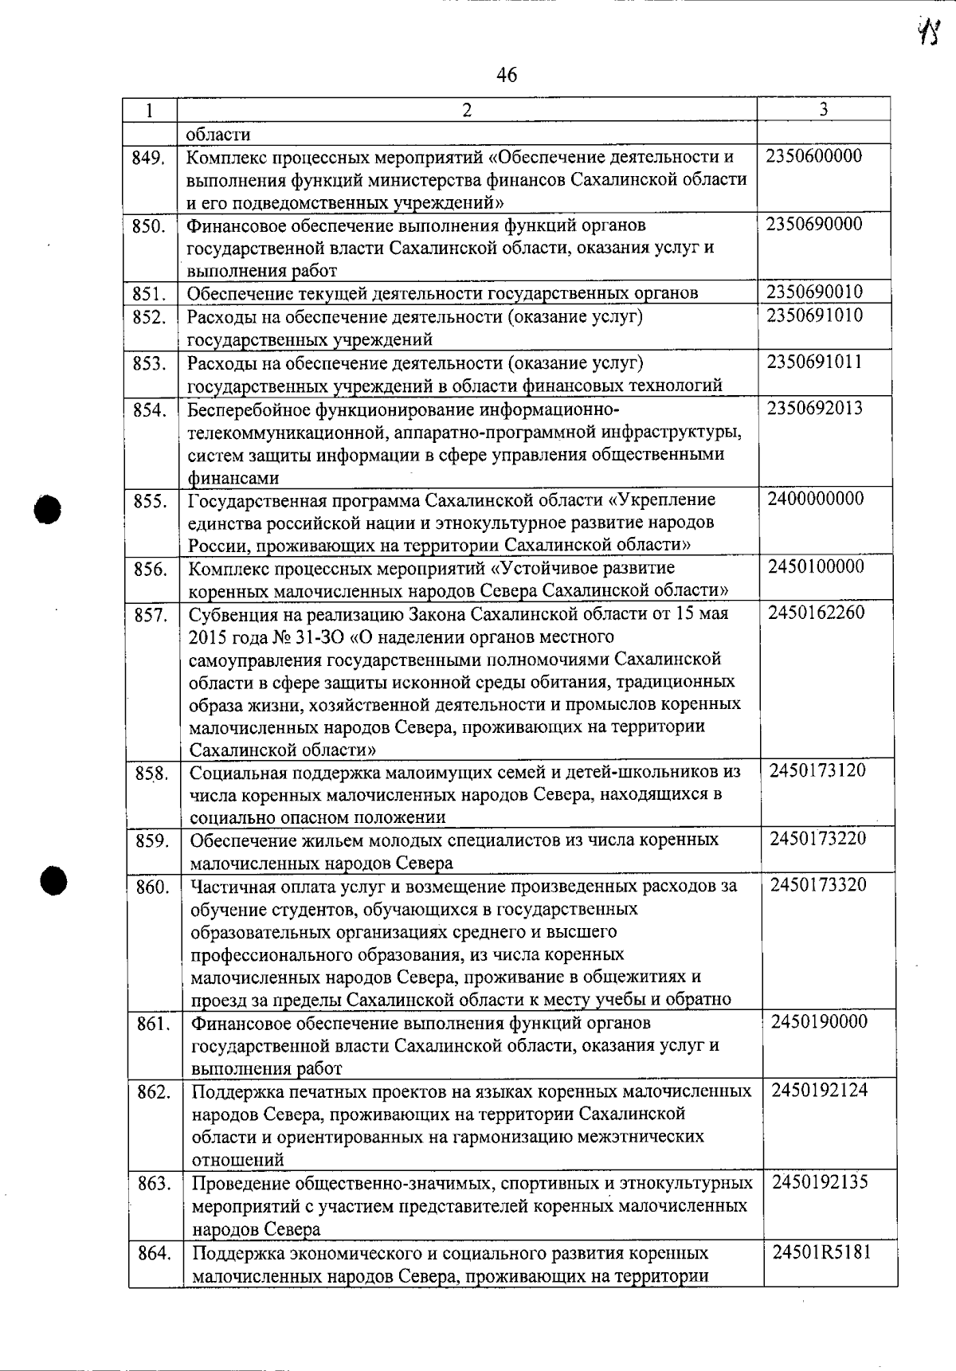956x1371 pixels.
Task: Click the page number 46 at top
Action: tap(506, 75)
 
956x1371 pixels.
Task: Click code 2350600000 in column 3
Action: tap(814, 156)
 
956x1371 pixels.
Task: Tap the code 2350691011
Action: tap(815, 362)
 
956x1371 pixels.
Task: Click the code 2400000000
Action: tap(816, 499)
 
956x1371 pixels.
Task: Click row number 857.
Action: tap(150, 615)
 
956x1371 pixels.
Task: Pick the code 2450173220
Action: tap(818, 839)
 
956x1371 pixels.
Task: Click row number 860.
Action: tap(152, 887)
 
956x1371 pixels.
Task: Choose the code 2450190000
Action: tap(819, 1022)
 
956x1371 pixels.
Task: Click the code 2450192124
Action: tap(820, 1090)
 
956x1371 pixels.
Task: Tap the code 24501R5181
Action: tap(821, 1252)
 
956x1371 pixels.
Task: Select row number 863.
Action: tap(154, 1184)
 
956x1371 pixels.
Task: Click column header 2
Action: tap(467, 110)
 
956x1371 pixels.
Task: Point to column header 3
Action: tap(823, 109)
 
